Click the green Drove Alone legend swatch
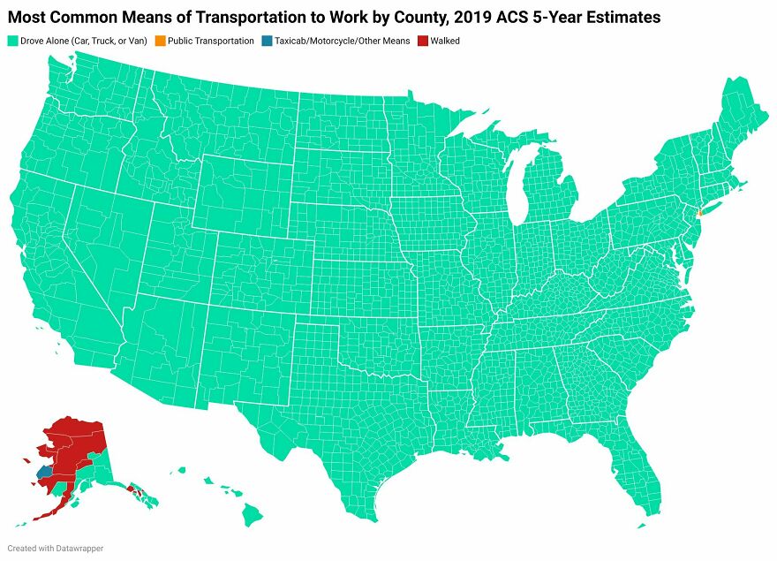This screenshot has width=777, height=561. pos(12,41)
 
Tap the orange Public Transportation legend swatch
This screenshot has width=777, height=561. pos(159,41)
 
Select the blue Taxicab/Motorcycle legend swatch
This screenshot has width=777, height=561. pos(267,41)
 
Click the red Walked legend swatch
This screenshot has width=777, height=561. pos(422,41)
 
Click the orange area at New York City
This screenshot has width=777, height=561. pos(698,213)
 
